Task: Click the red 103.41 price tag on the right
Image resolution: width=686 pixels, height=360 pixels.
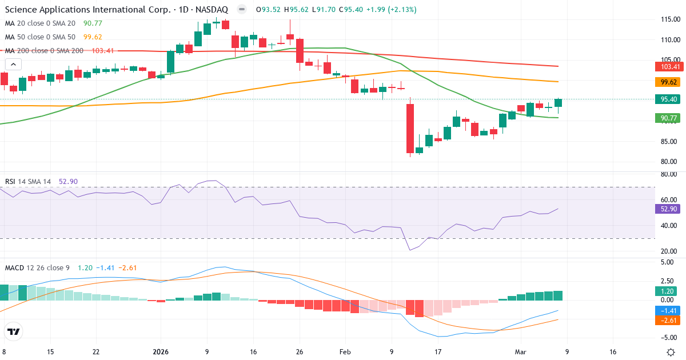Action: [x=667, y=67]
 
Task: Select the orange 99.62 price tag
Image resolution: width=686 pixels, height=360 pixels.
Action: [x=667, y=82]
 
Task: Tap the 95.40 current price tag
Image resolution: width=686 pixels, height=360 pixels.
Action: [x=667, y=99]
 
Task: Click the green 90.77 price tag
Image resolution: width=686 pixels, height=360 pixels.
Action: [x=667, y=118]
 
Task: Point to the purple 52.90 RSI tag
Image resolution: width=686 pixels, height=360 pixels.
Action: [x=667, y=209]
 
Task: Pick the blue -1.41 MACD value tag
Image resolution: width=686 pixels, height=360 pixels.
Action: [x=667, y=311]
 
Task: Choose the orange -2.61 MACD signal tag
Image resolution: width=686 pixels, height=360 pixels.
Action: [x=667, y=321]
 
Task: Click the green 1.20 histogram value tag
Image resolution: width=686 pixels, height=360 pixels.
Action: [x=667, y=291]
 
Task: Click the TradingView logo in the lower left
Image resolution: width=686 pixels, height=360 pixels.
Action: [x=13, y=331]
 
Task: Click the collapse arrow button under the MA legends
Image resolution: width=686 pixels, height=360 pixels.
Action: [x=13, y=65]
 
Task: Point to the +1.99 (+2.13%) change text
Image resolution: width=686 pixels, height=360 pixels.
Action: [x=392, y=10]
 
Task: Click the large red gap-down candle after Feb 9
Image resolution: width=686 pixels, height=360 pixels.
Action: [x=410, y=129]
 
